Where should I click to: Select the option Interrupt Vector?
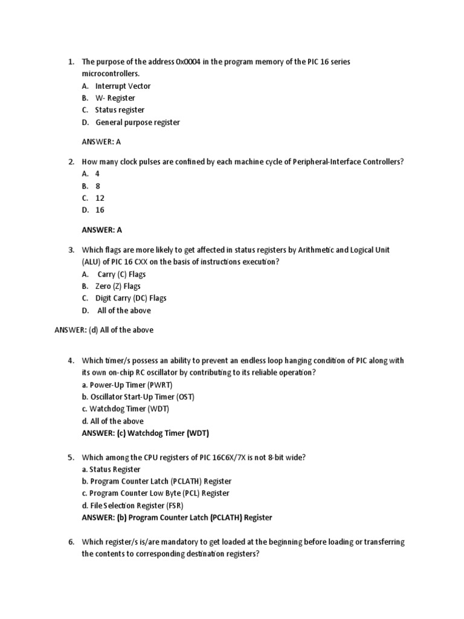123,86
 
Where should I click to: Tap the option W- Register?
115,98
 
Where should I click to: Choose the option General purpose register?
137,122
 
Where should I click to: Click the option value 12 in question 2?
100,198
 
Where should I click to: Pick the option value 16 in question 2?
100,210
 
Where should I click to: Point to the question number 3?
71,250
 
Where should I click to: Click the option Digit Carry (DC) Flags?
130,298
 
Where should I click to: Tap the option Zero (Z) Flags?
118,286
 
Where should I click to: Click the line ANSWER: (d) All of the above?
104,330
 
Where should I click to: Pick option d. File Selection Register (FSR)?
132,505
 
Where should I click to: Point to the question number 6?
71,542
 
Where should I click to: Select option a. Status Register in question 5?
111,469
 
